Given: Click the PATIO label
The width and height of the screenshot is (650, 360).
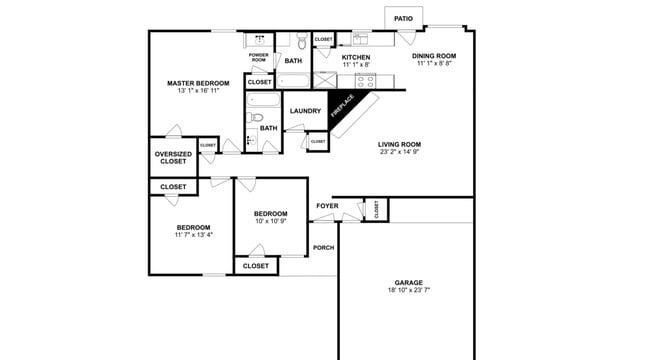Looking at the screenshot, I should coord(403,18).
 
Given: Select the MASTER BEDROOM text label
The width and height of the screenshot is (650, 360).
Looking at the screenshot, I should coord(198,83).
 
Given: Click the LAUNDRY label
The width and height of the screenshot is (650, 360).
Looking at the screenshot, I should coord(305,111).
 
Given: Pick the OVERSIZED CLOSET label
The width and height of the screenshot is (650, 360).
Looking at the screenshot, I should coord(172,157).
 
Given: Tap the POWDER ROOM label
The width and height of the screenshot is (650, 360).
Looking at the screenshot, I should coord(258,58).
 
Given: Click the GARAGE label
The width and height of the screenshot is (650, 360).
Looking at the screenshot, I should coord(408,282).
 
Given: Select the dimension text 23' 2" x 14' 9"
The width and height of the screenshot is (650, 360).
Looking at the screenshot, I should coord(400,153).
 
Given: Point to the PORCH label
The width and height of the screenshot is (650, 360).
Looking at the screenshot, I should coord(323,247).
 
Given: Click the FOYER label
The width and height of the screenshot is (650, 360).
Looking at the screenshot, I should coord(327,206).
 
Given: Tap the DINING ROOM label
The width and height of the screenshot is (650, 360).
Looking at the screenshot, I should coord(434,56).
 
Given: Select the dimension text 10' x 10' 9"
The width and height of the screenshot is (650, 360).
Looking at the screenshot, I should coord(270,221).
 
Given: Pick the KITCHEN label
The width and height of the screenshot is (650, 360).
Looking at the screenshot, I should coord(356,57).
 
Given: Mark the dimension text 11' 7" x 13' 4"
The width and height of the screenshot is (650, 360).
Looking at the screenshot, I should coord(193,235).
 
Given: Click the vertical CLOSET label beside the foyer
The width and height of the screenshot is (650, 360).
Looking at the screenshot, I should coord(376,209).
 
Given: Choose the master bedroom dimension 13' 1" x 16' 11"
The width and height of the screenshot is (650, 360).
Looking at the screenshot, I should coord(198,91).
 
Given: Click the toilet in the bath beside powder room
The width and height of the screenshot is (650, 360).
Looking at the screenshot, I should coord(302,43).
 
